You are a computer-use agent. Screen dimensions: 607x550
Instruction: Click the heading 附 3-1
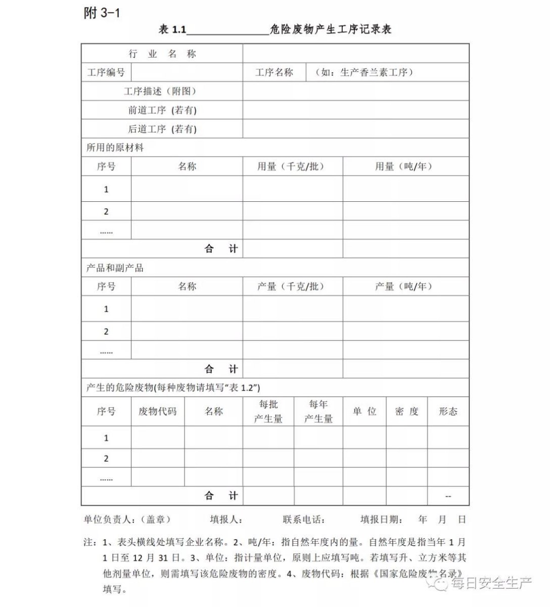(x=102, y=13)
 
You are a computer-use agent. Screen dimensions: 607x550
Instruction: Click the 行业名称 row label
(x=162, y=54)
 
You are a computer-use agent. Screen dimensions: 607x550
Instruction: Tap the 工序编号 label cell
(x=106, y=72)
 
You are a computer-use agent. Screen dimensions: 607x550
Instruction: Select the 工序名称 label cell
(x=274, y=72)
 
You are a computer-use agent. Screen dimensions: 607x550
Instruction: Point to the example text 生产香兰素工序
(x=363, y=72)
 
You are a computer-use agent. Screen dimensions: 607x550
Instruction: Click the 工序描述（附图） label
(x=160, y=92)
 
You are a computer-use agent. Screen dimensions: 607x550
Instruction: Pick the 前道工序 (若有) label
(x=162, y=110)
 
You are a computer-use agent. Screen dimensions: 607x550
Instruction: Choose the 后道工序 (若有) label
(x=162, y=129)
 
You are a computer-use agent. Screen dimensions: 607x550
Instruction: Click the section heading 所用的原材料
(x=115, y=148)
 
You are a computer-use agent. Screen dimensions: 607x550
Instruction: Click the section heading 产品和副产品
(x=115, y=268)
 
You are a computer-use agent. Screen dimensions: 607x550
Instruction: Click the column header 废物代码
(x=158, y=411)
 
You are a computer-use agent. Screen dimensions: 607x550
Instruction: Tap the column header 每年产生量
(x=318, y=411)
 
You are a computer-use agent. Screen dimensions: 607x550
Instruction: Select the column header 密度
(x=407, y=411)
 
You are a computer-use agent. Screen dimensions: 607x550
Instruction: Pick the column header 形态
(x=448, y=411)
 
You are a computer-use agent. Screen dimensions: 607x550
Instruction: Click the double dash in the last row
(x=448, y=496)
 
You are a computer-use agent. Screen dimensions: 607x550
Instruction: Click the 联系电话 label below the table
(x=304, y=519)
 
